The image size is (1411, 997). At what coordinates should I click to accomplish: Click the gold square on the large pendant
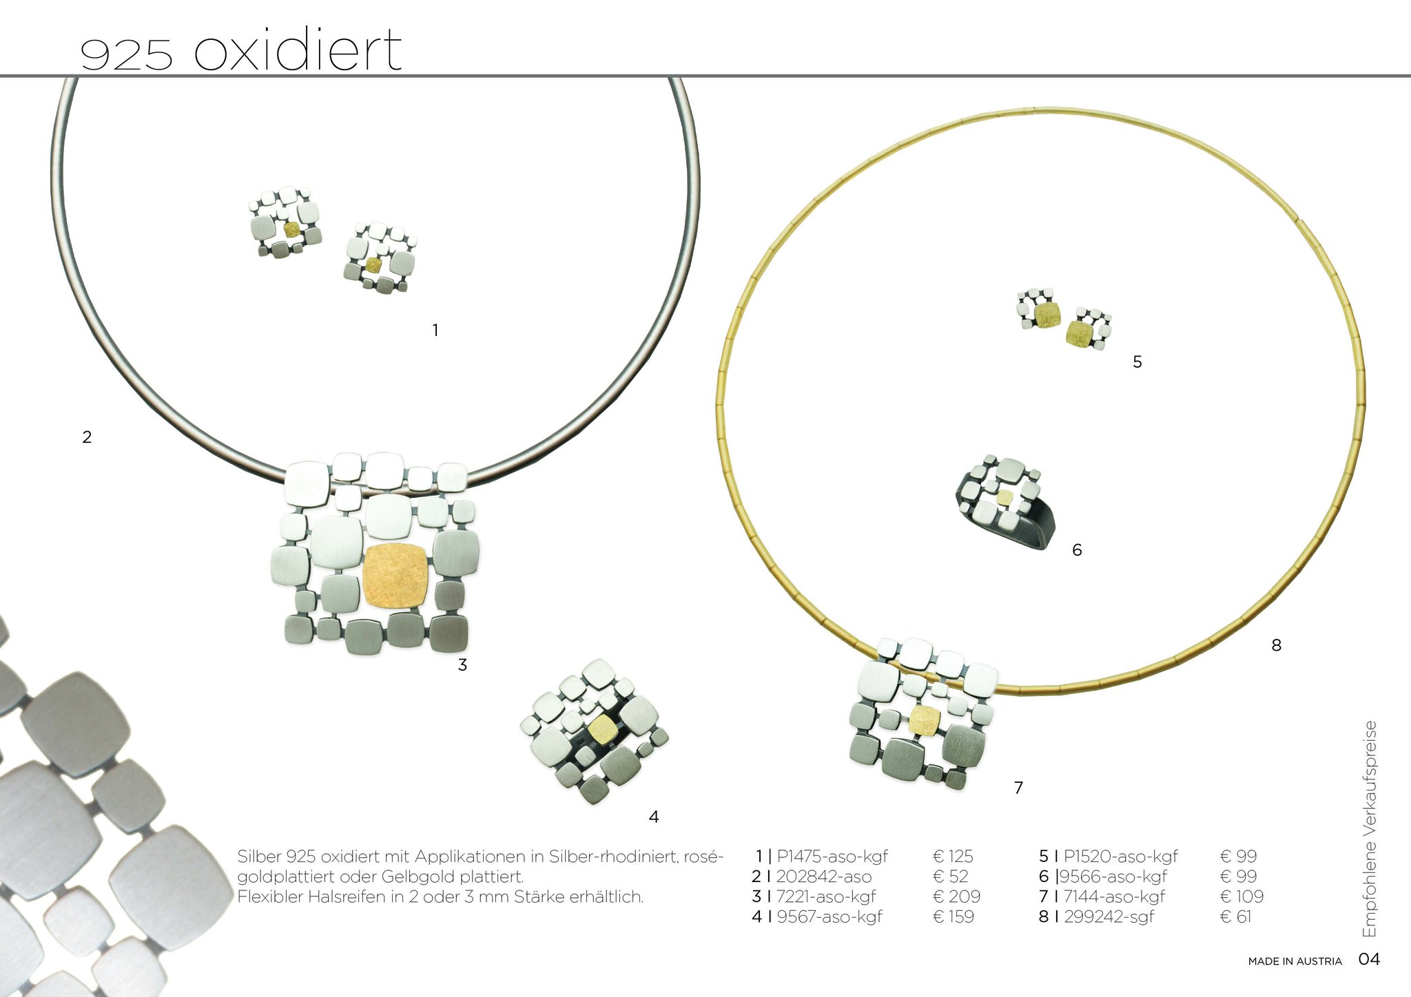pyautogui.click(x=395, y=576)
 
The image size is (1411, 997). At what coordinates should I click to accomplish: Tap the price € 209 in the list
pyautogui.click(x=956, y=896)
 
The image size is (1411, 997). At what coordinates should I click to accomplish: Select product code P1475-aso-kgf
pyautogui.click(x=832, y=857)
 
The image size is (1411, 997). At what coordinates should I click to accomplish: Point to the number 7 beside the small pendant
pyautogui.click(x=1018, y=787)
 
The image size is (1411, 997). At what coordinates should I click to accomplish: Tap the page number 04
pyautogui.click(x=1369, y=959)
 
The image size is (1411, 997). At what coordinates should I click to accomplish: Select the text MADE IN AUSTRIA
pyautogui.click(x=1295, y=961)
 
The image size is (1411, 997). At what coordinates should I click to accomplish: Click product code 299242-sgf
pyautogui.click(x=1109, y=916)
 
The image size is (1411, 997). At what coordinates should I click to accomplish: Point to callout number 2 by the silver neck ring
pyautogui.click(x=87, y=437)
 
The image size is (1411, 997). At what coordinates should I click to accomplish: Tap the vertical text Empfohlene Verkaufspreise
pyautogui.click(x=1369, y=828)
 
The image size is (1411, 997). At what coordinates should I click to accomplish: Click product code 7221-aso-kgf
pyautogui.click(x=826, y=896)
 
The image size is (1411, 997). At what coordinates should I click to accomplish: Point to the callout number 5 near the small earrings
pyautogui.click(x=1137, y=361)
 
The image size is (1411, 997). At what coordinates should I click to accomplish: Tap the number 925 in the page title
pyautogui.click(x=126, y=54)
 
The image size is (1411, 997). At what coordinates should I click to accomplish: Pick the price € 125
pyautogui.click(x=953, y=857)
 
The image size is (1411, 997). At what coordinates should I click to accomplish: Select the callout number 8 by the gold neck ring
pyautogui.click(x=1276, y=645)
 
